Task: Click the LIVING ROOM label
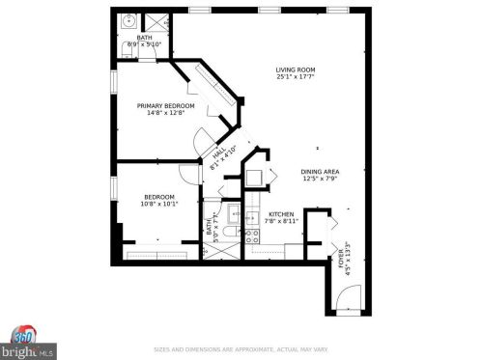click(x=296, y=70)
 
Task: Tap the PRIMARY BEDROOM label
click(x=165, y=105)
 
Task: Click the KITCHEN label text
click(x=281, y=213)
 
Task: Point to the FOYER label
click(x=340, y=254)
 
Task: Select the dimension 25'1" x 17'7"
click(x=296, y=78)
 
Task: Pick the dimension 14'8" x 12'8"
click(x=165, y=113)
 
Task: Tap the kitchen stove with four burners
click(x=251, y=233)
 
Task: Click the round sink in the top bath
click(x=130, y=20)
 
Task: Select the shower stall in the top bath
click(x=156, y=21)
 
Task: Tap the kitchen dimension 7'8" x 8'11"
click(x=281, y=221)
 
